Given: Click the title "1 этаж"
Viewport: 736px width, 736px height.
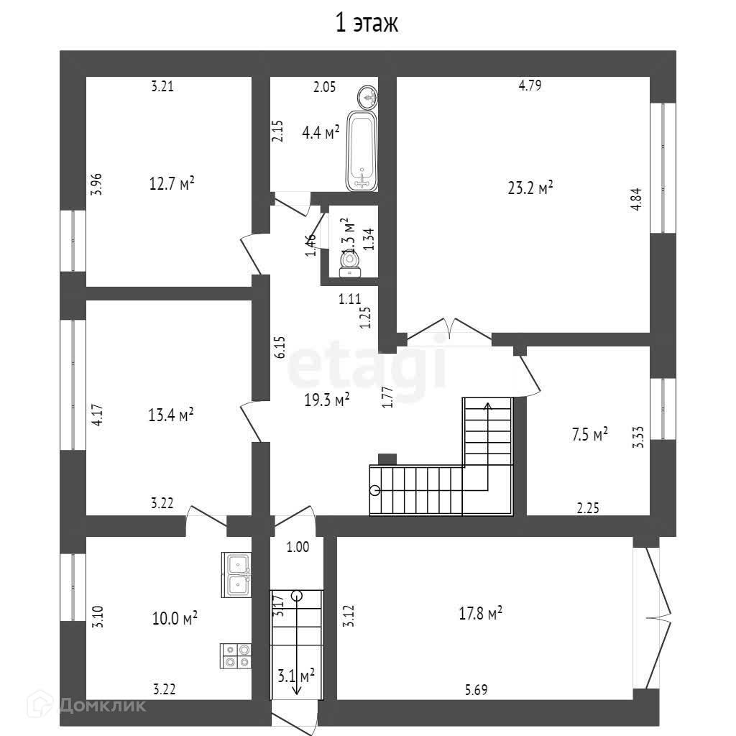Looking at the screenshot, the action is click(x=367, y=24).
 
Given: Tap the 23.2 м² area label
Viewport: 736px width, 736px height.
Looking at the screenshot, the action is click(x=530, y=188).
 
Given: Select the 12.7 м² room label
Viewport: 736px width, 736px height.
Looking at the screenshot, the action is click(x=172, y=184).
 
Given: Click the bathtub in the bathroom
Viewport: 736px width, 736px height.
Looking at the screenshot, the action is click(x=362, y=151).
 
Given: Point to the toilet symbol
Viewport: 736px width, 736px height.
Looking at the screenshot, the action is click(x=350, y=264).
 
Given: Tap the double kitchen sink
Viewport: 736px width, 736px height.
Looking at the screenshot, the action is click(x=236, y=575).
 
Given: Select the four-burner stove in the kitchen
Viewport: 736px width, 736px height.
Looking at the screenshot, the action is click(x=236, y=655).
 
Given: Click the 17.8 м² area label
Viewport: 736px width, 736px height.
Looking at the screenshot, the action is click(x=480, y=613).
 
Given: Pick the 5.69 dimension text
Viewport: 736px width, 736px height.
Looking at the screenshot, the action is click(x=476, y=691).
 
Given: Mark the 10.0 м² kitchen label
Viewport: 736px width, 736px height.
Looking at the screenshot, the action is click(x=175, y=618).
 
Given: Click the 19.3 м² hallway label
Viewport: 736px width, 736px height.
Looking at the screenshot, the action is click(x=326, y=400).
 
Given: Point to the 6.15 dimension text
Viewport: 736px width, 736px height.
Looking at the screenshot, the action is click(x=280, y=346).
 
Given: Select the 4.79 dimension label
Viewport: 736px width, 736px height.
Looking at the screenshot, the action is click(x=530, y=86).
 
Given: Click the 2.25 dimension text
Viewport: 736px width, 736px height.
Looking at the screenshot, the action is click(x=588, y=508).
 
